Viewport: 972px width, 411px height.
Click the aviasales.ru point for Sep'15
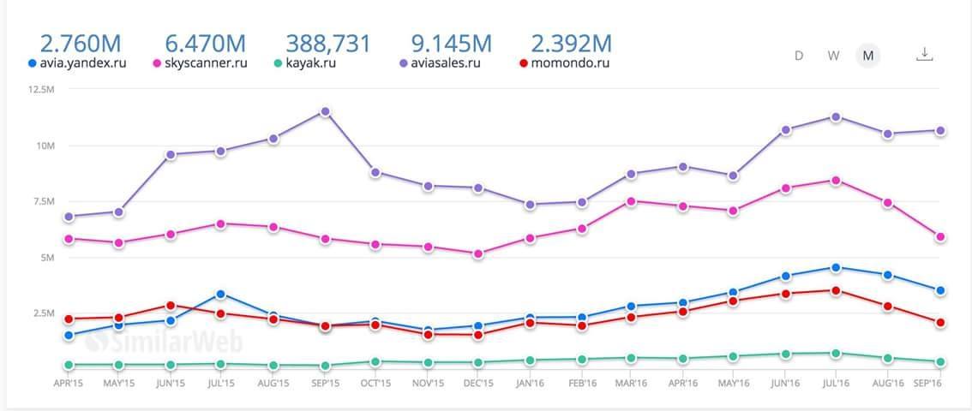point(325,111)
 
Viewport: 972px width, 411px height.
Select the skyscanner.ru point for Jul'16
point(836,181)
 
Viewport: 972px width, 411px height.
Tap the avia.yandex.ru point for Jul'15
point(221,295)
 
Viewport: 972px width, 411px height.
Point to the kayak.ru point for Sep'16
point(939,362)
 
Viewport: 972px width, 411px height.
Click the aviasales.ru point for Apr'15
point(69,217)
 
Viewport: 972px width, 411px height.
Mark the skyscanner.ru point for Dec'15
point(477,253)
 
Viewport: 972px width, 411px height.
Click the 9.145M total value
point(451,43)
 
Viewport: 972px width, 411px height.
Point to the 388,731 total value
point(328,43)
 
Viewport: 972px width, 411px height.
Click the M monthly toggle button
point(868,56)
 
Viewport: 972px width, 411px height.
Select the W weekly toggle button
point(833,56)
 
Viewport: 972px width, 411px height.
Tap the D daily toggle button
point(799,56)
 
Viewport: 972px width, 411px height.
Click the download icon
point(924,54)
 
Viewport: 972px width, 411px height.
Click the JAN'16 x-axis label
point(530,384)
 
